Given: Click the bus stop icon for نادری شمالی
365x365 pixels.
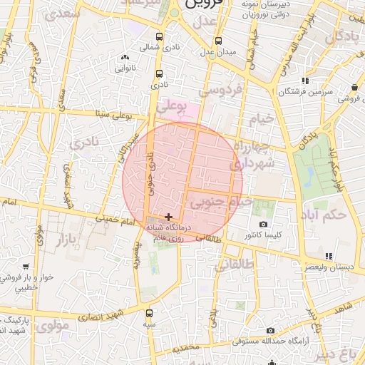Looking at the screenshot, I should pyautogui.click(x=158, y=36).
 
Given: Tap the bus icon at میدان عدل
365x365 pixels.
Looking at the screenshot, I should pyautogui.click(x=217, y=41).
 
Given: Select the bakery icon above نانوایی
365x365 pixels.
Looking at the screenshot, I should pyautogui.click(x=125, y=57).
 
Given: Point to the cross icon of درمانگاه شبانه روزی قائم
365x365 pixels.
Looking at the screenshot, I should pyautogui.click(x=168, y=216).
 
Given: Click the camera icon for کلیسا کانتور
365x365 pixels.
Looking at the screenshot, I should pyautogui.click(x=263, y=225).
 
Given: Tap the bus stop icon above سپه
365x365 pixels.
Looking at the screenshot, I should pyautogui.click(x=148, y=313).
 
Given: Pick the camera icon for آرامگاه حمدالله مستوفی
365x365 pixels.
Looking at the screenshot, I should pyautogui.click(x=270, y=331).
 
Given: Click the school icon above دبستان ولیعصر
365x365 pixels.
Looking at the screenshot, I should pyautogui.click(x=328, y=255).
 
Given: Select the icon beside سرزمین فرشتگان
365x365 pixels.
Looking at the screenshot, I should pyautogui.click(x=305, y=81).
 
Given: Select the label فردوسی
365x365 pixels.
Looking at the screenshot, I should pyautogui.click(x=221, y=91).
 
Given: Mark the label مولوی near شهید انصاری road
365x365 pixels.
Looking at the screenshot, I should pyautogui.click(x=51, y=327).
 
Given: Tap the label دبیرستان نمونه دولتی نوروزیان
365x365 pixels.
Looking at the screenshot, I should pyautogui.click(x=269, y=9).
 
